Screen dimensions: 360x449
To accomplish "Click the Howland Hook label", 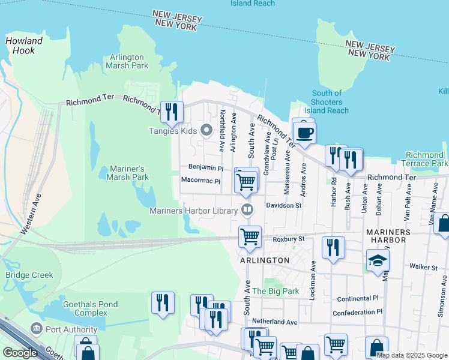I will [x=24, y=46].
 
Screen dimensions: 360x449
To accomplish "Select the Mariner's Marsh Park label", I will [x=127, y=173].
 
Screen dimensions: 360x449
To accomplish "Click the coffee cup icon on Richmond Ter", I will [x=305, y=133].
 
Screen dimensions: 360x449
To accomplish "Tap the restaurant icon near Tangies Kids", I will [x=172, y=112].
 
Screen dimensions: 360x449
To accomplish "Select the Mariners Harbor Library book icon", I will [x=247, y=210].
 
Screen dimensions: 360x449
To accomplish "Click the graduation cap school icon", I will [x=378, y=260].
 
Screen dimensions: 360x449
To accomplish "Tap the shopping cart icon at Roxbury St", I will [x=250, y=235].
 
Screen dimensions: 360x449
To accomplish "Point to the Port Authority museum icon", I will [x=36, y=329].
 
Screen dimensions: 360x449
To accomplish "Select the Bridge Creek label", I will [x=29, y=275].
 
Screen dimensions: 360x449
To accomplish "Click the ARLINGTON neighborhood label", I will [x=265, y=260].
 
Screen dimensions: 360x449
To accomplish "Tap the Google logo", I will [x=19, y=353].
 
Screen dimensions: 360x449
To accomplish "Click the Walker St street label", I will [x=424, y=266].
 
